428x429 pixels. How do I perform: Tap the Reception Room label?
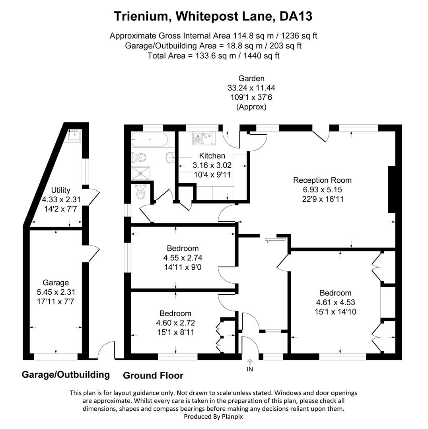(x=322, y=180)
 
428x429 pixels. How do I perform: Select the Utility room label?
(x=61, y=190)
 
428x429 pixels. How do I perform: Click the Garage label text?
(x=56, y=283)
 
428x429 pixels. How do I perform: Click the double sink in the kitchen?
(x=203, y=139)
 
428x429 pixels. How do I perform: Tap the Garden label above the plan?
(x=251, y=79)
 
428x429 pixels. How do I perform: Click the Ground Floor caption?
(x=153, y=375)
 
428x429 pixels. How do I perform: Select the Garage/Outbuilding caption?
(x=66, y=375)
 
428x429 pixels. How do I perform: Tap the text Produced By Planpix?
(x=213, y=417)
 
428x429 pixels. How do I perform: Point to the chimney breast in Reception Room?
(x=391, y=190)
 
